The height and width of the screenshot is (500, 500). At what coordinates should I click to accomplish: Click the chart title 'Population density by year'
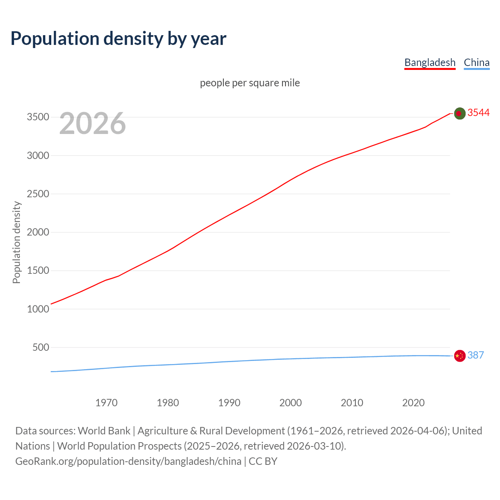[x=118, y=39]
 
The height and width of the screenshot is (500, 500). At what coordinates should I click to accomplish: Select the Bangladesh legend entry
[x=430, y=62]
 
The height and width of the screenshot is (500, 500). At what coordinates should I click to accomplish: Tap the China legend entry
[x=477, y=62]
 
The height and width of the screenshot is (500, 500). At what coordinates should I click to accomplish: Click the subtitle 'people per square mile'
[x=250, y=83]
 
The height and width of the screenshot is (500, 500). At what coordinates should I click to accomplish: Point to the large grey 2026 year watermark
[x=93, y=123]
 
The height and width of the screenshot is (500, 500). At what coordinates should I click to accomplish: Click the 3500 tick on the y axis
[x=38, y=117]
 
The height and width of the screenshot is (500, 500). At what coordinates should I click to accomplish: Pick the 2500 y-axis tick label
[x=38, y=194]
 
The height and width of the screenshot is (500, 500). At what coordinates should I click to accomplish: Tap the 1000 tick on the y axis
[x=38, y=309]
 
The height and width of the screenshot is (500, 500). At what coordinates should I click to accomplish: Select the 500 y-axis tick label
[x=41, y=347]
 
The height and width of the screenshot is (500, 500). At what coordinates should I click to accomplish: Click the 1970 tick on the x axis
[x=106, y=403]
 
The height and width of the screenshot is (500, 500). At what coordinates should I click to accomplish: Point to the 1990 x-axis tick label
[x=229, y=403]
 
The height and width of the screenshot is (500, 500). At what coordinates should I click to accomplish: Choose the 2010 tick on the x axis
[x=352, y=403]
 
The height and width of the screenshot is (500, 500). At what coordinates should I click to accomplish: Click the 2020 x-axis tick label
[x=413, y=403]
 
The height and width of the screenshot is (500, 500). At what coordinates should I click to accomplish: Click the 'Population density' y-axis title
[x=16, y=242]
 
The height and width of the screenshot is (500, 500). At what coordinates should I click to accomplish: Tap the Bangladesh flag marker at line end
[x=460, y=113]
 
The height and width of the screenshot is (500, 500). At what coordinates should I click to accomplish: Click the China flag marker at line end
[x=460, y=356]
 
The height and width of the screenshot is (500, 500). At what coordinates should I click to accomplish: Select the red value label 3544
[x=479, y=113]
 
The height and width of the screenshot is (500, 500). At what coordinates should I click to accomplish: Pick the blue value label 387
[x=475, y=355]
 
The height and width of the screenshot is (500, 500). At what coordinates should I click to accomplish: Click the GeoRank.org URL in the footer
[x=128, y=461]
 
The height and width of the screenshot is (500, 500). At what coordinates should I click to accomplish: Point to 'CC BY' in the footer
[x=263, y=461]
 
